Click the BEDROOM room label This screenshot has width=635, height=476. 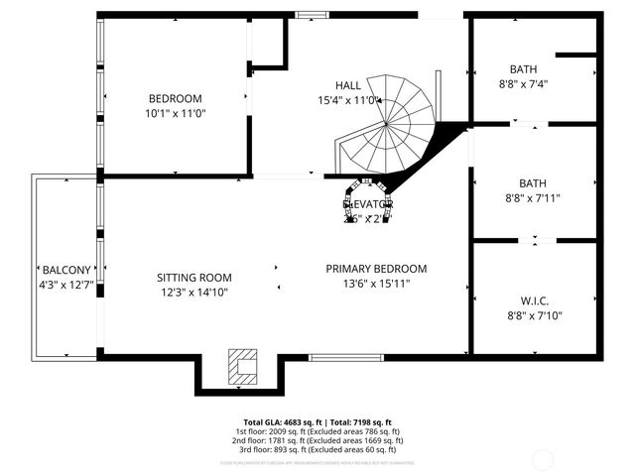(175, 98)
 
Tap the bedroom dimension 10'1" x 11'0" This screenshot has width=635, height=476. (175, 114)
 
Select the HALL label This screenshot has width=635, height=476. (347, 85)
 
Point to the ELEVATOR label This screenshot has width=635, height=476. (368, 204)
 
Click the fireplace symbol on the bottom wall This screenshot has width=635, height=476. (241, 365)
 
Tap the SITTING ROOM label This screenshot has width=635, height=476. (194, 278)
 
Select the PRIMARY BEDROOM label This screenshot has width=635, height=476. (376, 269)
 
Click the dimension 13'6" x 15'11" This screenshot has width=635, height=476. (376, 284)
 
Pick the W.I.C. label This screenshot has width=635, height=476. (534, 300)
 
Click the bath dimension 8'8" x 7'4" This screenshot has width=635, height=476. (523, 84)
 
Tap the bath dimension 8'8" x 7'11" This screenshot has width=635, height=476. (533, 197)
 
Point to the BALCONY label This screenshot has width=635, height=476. (66, 270)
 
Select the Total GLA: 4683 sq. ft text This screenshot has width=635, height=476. (286, 421)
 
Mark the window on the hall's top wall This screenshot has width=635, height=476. (312, 14)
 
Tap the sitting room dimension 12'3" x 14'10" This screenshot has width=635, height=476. (194, 293)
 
